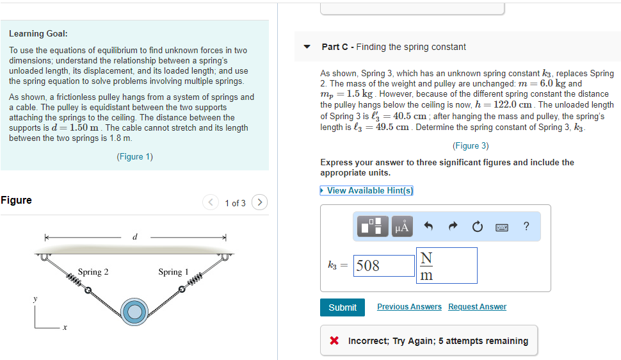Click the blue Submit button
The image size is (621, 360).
(x=343, y=307)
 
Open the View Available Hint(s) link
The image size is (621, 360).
(x=369, y=190)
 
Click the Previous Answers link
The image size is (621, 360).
(x=409, y=307)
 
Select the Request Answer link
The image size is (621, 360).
(x=477, y=307)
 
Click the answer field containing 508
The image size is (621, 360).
(x=384, y=266)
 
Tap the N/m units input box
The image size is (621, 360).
(x=446, y=265)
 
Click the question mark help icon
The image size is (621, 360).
(x=526, y=226)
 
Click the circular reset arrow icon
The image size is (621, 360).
(x=477, y=226)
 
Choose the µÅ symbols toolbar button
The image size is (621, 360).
(x=402, y=226)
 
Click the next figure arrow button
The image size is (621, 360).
(x=259, y=202)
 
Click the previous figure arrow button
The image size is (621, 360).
(x=211, y=202)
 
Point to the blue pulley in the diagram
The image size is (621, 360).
(x=134, y=311)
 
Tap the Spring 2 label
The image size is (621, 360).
(x=93, y=272)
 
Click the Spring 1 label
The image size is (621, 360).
(x=173, y=272)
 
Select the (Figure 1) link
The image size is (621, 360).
(x=134, y=157)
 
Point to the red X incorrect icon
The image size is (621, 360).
(x=334, y=341)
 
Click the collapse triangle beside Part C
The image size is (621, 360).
(x=307, y=47)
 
